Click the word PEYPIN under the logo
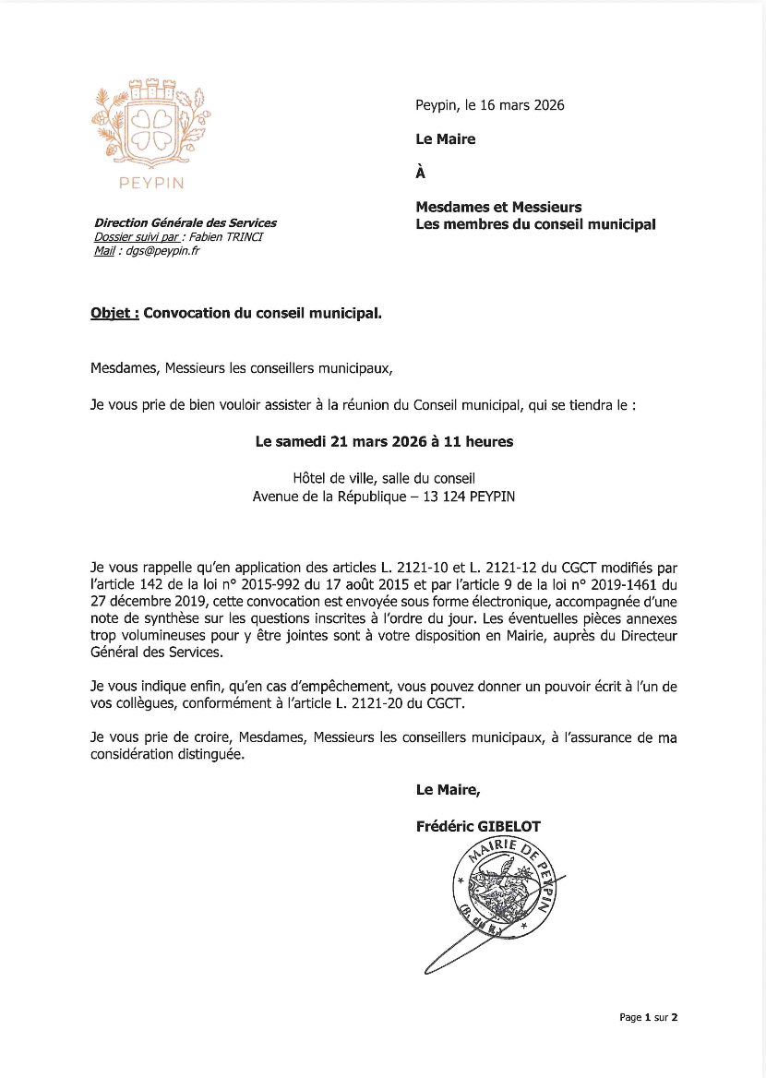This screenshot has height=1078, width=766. [x=151, y=183]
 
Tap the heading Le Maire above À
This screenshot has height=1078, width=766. [x=446, y=139]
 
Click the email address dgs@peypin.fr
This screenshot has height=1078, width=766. [x=162, y=251]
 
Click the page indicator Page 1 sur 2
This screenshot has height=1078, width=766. [x=648, y=1017]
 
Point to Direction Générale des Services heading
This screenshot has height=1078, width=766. [x=185, y=223]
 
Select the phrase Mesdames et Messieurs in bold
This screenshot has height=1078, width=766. [x=498, y=208]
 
